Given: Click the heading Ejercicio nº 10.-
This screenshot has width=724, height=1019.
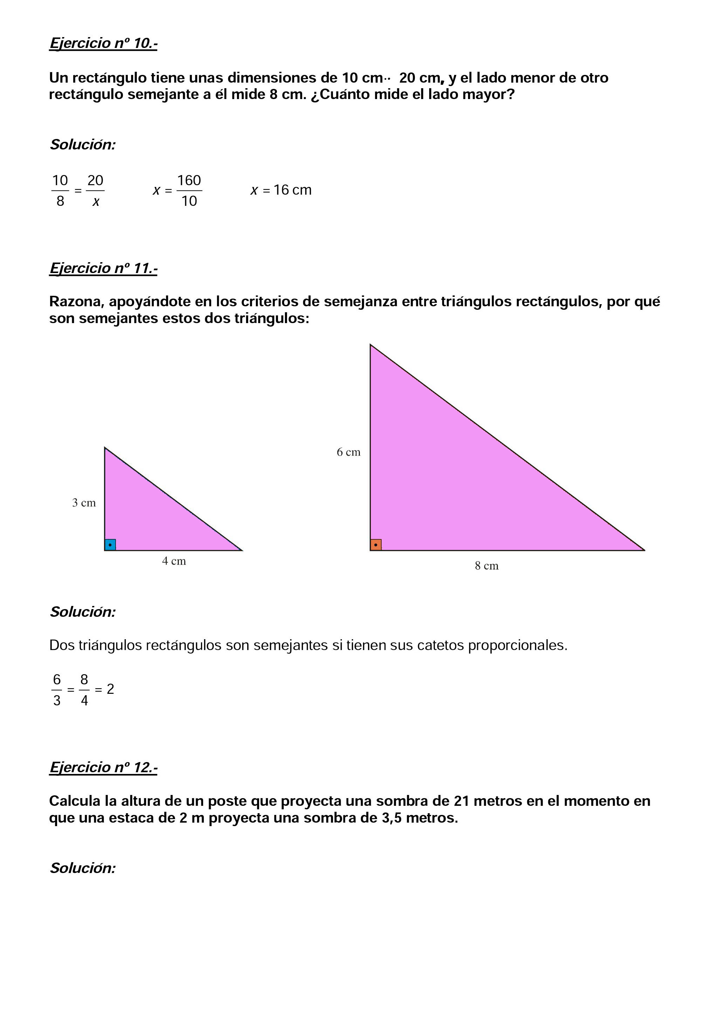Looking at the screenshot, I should click(103, 43).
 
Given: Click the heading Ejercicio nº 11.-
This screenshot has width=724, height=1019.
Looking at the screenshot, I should click(103, 268).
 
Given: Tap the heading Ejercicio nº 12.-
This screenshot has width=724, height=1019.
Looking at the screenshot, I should click(103, 767).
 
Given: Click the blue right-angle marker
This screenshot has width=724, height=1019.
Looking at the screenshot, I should click(110, 545).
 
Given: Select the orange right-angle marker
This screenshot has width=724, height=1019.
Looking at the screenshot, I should click(376, 545).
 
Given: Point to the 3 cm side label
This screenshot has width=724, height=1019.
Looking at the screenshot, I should click(84, 503).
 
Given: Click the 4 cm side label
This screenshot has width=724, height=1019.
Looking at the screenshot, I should click(174, 561).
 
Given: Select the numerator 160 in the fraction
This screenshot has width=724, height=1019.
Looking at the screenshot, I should click(189, 181).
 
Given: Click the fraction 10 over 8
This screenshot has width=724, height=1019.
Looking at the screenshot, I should click(60, 191).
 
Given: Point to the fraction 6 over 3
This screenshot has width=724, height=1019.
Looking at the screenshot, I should click(57, 690).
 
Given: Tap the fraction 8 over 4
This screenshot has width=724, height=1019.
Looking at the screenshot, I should click(84, 690).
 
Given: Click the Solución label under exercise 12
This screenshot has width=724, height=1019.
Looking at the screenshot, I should click(83, 868).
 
